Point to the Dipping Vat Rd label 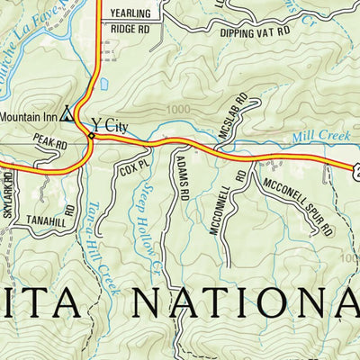255,31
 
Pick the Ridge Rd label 129,29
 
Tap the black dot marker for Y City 91,136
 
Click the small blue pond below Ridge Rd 103,84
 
